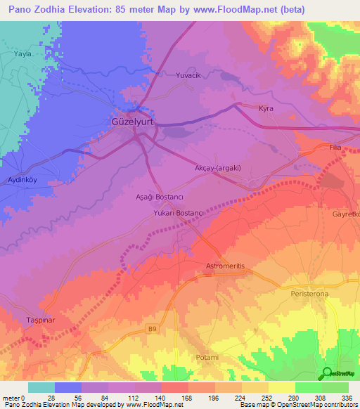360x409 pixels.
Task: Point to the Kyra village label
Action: pyautogui.click(x=266, y=109)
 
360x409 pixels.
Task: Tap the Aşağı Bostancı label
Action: pyautogui.click(x=159, y=199)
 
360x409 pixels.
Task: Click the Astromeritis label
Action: pyautogui.click(x=226, y=266)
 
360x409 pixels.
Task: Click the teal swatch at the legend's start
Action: pyautogui.click(x=41, y=387)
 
